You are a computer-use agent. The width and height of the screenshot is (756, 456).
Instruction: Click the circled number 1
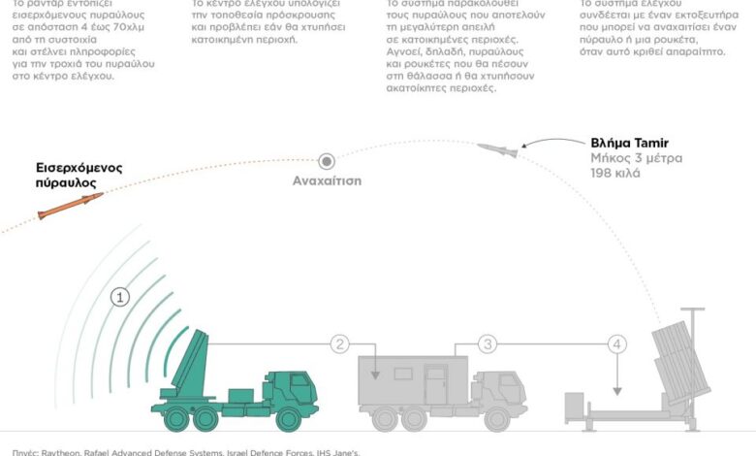coord(120,297)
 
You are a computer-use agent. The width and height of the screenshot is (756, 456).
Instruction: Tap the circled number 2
coord(339,343)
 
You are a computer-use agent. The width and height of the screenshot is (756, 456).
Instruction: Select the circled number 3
coord(488,343)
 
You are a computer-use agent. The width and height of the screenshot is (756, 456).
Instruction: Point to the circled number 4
coord(617,343)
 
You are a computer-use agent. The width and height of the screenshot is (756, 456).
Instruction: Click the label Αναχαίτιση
coord(328,181)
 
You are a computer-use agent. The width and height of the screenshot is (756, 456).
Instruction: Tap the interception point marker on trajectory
coord(328,160)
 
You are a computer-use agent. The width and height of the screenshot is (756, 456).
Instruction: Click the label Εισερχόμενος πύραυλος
coord(79,175)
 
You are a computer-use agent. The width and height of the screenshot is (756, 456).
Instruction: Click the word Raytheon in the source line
coord(60,451)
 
